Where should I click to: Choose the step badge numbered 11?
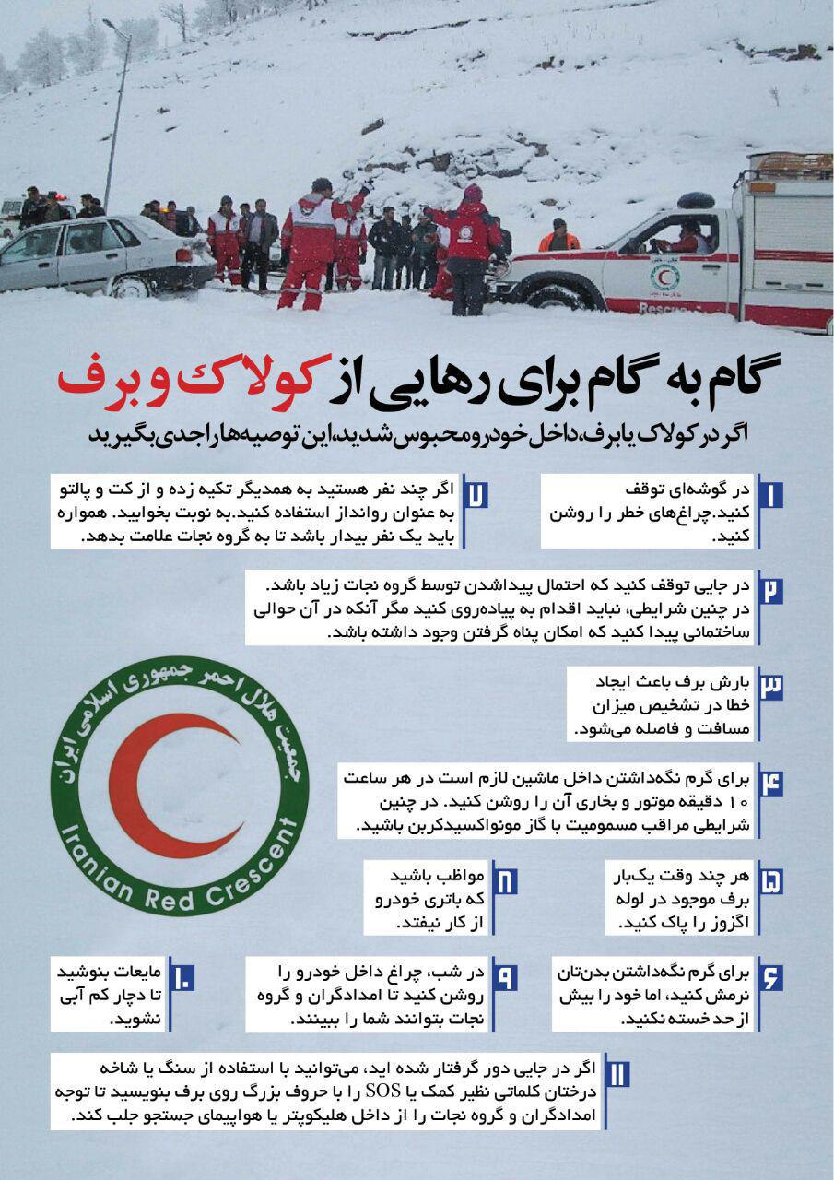click(x=617, y=1074)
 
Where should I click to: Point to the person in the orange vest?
click(x=558, y=238)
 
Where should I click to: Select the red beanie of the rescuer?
click(x=473, y=193)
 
